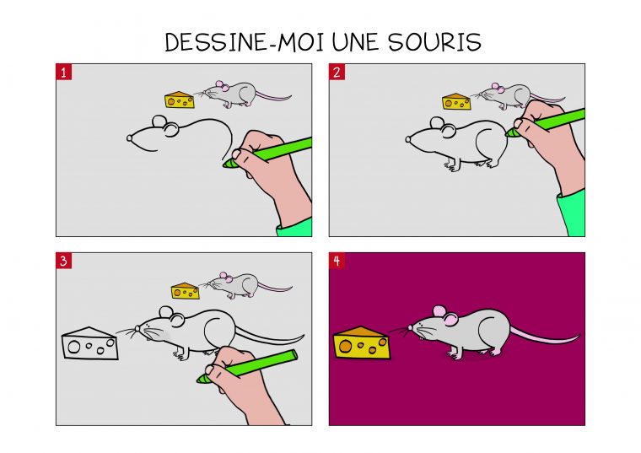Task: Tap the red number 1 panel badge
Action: pyautogui.click(x=64, y=73)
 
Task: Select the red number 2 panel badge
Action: pyautogui.click(x=337, y=73)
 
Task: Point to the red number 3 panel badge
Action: pyautogui.click(x=64, y=261)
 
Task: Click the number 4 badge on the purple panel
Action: pyautogui.click(x=337, y=261)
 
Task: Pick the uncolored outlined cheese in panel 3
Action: pyautogui.click(x=89, y=343)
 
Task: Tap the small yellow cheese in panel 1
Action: pyautogui.click(x=179, y=100)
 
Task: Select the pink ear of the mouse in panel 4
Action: pyautogui.click(x=449, y=318)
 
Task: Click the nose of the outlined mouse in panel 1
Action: pyautogui.click(x=129, y=137)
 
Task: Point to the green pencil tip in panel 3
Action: pyautogui.click(x=202, y=379)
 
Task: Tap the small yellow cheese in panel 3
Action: pyautogui.click(x=186, y=291)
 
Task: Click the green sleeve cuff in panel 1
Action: pyautogui.click(x=296, y=227)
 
